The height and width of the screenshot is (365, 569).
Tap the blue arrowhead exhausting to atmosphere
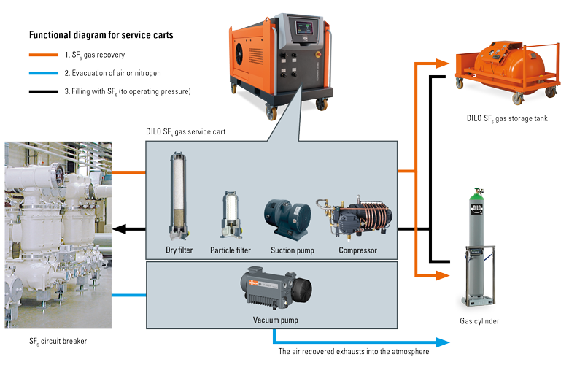click(442, 341)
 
